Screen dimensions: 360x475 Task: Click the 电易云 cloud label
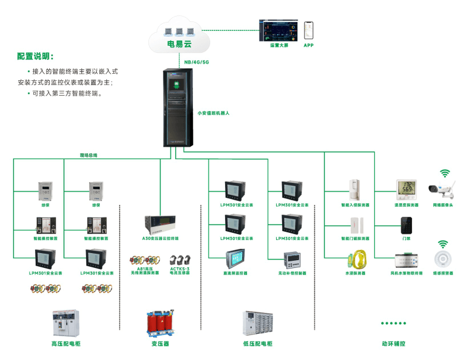(x=179, y=44)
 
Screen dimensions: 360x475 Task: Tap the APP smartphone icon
(x=309, y=30)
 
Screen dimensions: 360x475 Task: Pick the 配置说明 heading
(x=35, y=57)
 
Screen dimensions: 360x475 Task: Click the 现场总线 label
(x=88, y=155)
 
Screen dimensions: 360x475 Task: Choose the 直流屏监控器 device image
(x=233, y=259)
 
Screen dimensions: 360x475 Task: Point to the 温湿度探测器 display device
(x=407, y=189)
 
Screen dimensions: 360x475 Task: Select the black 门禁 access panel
(x=407, y=225)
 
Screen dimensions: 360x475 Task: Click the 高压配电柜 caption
(x=66, y=344)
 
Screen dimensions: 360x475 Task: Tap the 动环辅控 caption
(x=393, y=343)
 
